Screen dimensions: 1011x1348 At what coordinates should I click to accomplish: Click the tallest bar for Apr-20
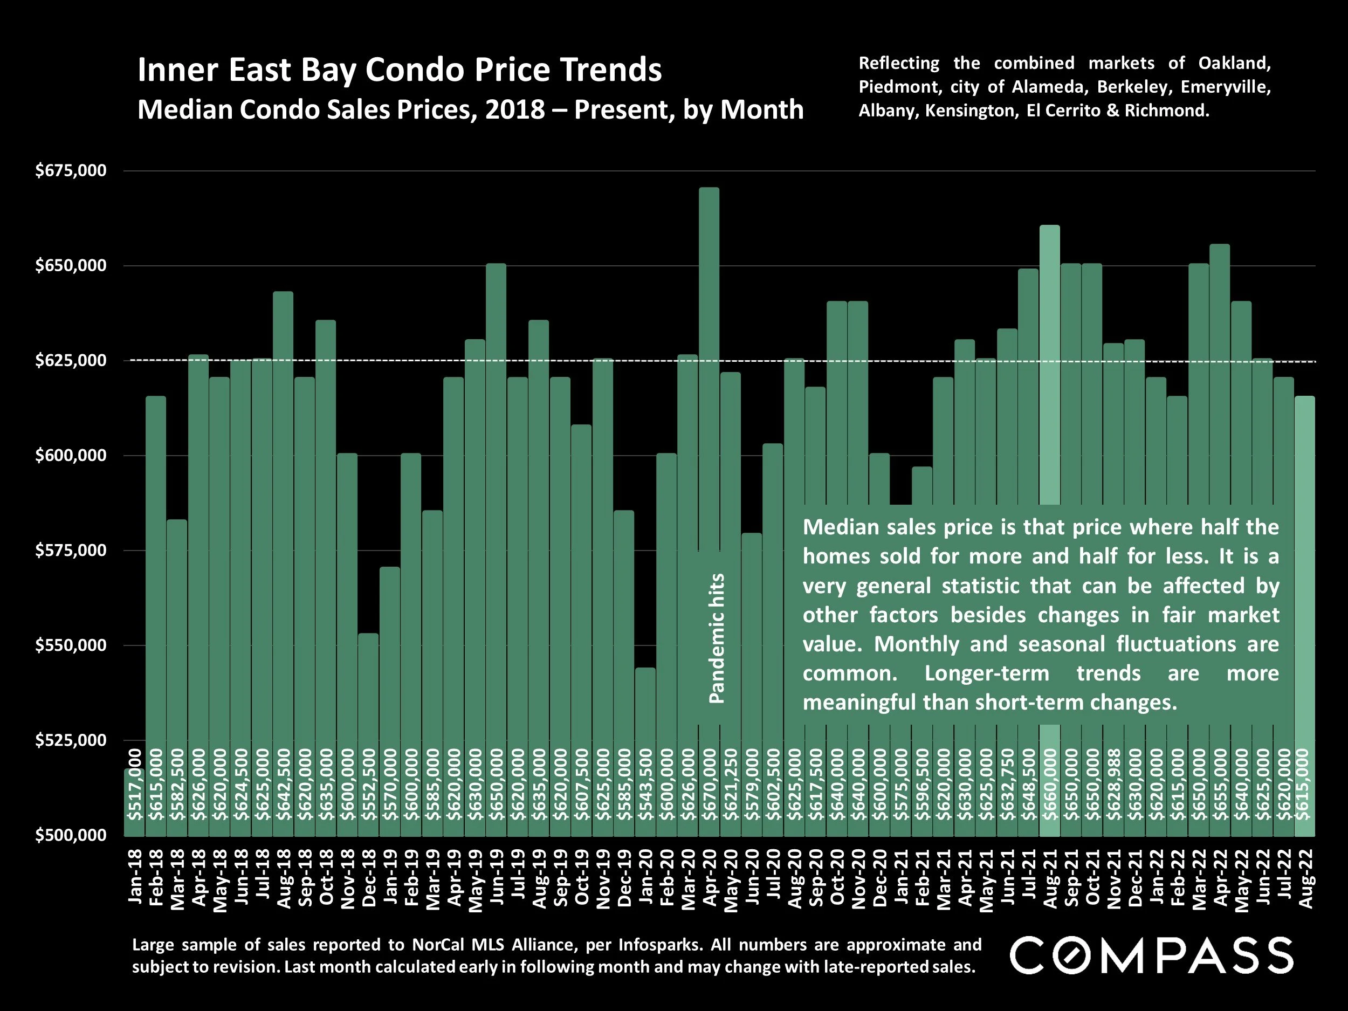[x=709, y=366]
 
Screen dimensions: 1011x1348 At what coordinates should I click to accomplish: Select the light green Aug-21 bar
[x=1049, y=366]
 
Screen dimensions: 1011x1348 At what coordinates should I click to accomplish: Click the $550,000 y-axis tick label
[x=71, y=645]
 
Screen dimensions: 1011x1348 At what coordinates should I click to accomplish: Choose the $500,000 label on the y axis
[x=71, y=835]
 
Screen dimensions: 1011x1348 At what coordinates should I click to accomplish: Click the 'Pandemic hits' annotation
[x=717, y=638]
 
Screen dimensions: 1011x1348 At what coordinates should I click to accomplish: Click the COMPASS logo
[x=1151, y=955]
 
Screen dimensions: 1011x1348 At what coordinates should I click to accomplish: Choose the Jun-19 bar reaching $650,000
[x=496, y=487]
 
